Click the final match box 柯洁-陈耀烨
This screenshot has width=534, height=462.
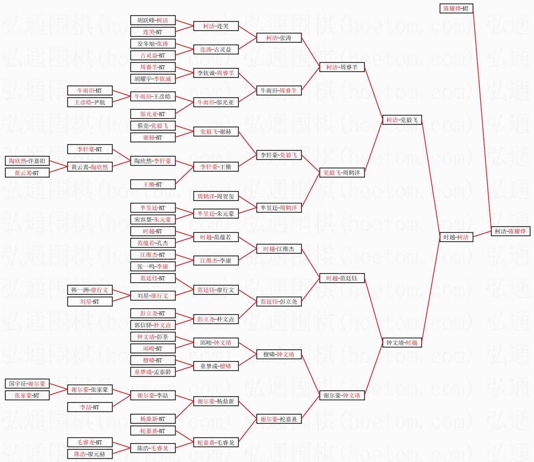pyautogui.click(x=511, y=232)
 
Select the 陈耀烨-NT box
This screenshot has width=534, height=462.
pyautogui.click(x=456, y=8)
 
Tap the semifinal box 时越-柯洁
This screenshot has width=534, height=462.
pyautogui.click(x=456, y=237)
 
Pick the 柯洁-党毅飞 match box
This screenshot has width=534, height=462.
pyautogui.click(x=402, y=120)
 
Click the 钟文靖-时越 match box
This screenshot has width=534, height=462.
pyautogui.click(x=402, y=343)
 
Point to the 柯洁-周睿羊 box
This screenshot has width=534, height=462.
pyautogui.click(x=342, y=67)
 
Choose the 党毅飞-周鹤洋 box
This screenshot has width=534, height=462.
pyautogui.click(x=342, y=173)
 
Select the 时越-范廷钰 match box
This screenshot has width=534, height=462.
pyautogui.click(x=342, y=278)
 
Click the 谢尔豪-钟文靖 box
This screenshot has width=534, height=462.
pyautogui.click(x=342, y=396)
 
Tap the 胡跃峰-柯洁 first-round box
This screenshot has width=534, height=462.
pyautogui.click(x=153, y=21)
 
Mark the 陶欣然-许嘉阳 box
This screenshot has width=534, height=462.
pyautogui.click(x=27, y=161)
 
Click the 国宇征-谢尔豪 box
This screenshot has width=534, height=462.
pyautogui.click(x=27, y=384)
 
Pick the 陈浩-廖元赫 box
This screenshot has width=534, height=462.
pyautogui.click(x=90, y=454)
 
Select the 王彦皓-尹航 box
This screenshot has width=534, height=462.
pyautogui.click(x=90, y=103)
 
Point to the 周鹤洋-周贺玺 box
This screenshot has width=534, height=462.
pyautogui.click(x=216, y=196)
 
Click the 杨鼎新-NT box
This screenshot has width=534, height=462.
pyautogui.click(x=153, y=419)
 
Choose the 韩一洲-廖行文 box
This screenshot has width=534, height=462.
pyautogui.click(x=90, y=290)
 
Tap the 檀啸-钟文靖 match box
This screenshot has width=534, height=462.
pyautogui.click(x=279, y=355)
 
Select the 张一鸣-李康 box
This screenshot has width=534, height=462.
pyautogui.click(x=153, y=267)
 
